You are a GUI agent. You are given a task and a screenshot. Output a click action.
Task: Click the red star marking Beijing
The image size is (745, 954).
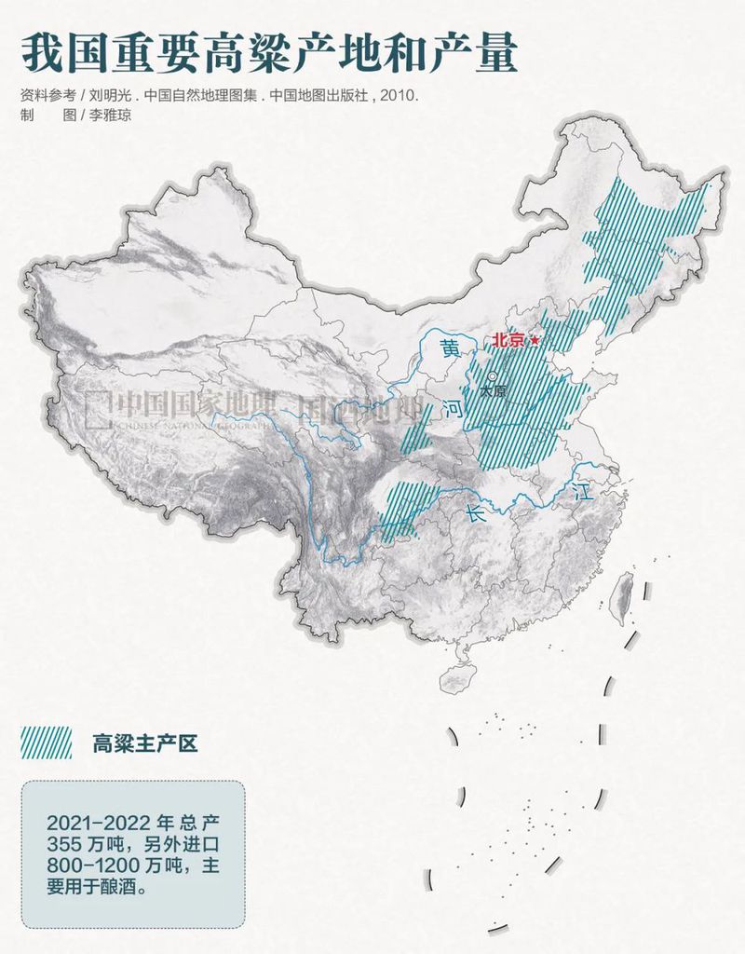535,341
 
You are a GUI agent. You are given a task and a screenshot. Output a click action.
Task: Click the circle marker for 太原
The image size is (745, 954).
490,378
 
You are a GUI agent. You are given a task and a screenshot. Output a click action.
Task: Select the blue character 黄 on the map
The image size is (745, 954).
451,348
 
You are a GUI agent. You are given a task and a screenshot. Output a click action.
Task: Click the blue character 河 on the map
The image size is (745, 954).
453,407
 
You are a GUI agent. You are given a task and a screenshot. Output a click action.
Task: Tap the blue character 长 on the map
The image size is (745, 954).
477,511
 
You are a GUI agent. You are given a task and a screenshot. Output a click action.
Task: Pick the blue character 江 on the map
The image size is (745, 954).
584,491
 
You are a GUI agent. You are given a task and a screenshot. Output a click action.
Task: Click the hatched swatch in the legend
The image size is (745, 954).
47,743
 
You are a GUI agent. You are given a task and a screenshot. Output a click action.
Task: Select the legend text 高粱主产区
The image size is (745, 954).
144,743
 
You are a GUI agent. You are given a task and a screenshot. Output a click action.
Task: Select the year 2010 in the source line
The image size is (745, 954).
400,96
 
